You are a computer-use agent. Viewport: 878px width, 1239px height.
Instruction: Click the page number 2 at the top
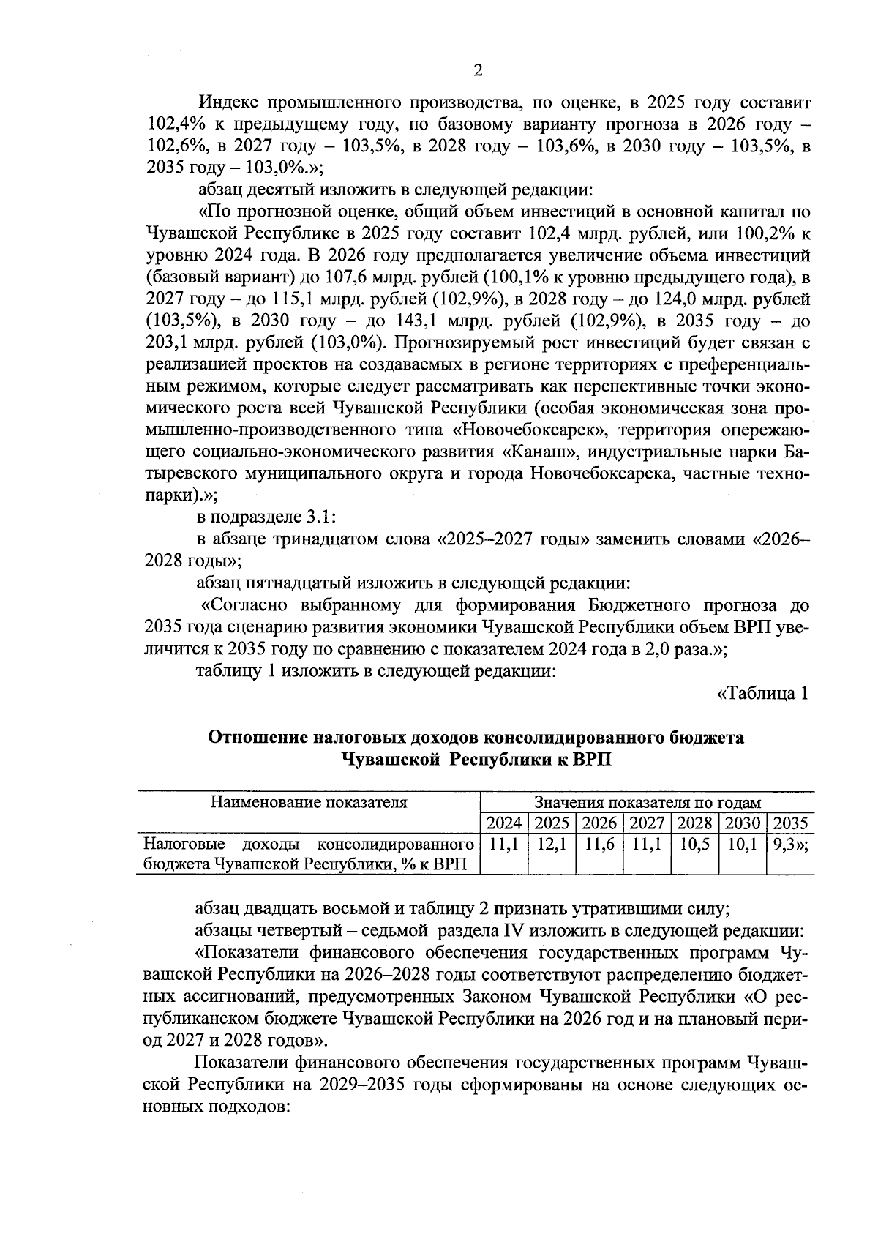click(x=478, y=70)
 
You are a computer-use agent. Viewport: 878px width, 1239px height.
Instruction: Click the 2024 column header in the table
click(x=504, y=823)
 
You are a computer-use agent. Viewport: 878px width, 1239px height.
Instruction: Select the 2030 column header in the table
click(x=742, y=823)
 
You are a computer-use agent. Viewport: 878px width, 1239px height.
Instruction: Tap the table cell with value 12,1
click(x=552, y=844)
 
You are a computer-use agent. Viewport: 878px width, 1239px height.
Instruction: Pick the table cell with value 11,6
click(x=599, y=844)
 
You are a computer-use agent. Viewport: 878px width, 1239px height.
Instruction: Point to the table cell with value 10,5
click(x=694, y=844)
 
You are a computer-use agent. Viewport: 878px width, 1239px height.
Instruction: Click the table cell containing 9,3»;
click(x=789, y=844)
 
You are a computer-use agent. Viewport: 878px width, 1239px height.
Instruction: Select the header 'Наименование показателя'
click(x=308, y=801)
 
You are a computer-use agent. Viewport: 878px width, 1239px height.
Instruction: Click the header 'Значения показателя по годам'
click(x=647, y=802)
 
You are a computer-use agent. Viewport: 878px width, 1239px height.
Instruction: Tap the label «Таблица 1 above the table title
click(x=762, y=693)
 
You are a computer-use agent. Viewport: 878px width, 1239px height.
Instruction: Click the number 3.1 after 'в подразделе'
click(x=318, y=517)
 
